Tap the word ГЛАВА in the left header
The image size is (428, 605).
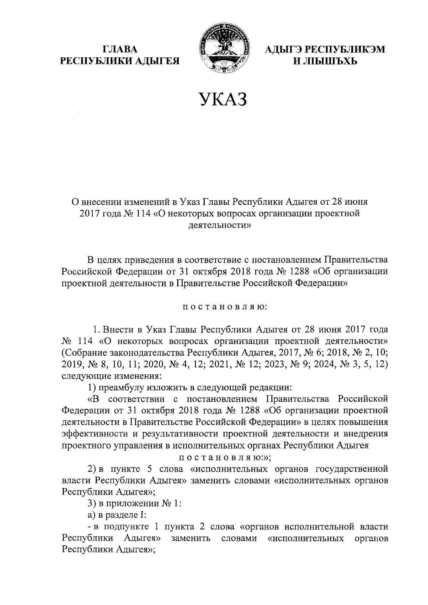click(119, 50)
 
